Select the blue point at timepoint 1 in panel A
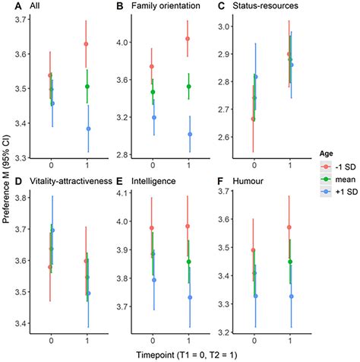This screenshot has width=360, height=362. click(x=90, y=129)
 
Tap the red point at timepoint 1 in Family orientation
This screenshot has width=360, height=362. click(x=188, y=39)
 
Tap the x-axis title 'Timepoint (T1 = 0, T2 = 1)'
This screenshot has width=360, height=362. click(x=179, y=355)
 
